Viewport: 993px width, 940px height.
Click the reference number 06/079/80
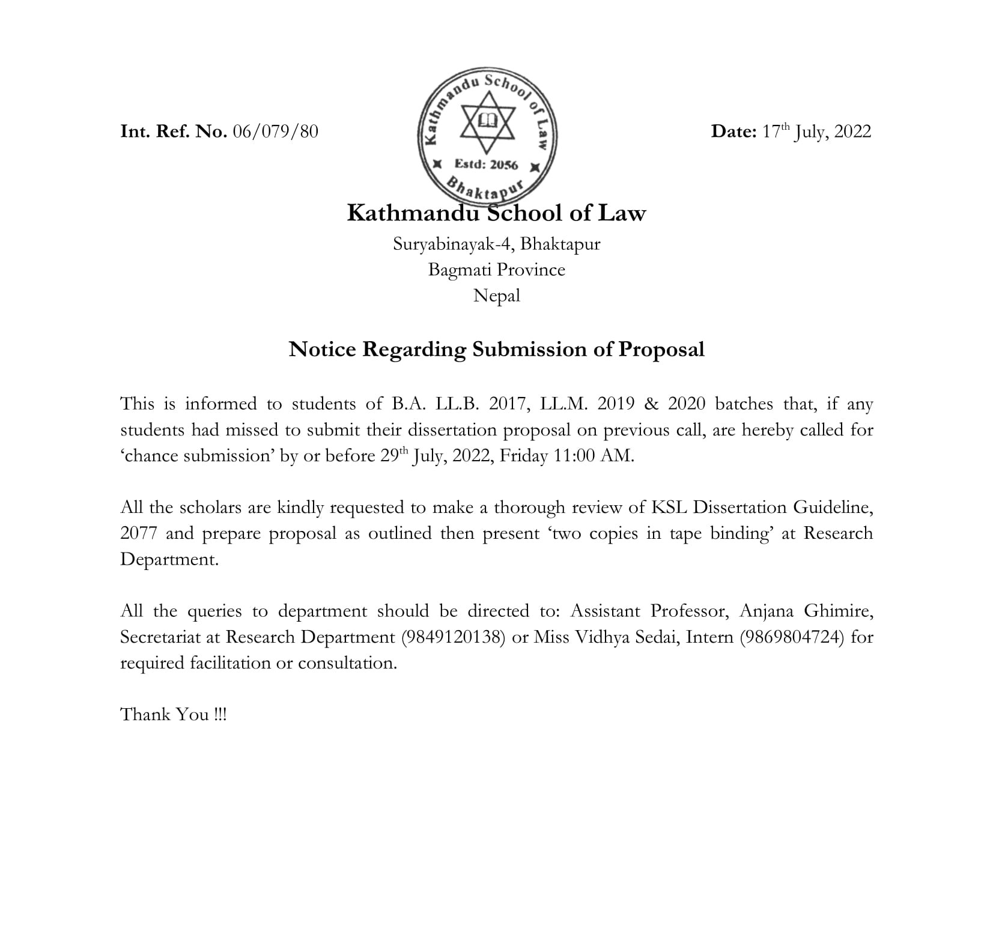point(275,132)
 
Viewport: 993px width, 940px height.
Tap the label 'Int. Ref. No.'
point(174,132)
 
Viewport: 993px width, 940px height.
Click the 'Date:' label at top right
point(733,132)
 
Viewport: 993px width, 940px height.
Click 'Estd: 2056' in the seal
point(486,164)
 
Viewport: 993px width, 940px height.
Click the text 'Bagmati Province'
point(496,270)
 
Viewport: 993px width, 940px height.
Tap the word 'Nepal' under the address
point(496,296)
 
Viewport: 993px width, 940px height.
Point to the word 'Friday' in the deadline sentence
point(523,456)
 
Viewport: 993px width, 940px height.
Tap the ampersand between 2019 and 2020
point(651,404)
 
